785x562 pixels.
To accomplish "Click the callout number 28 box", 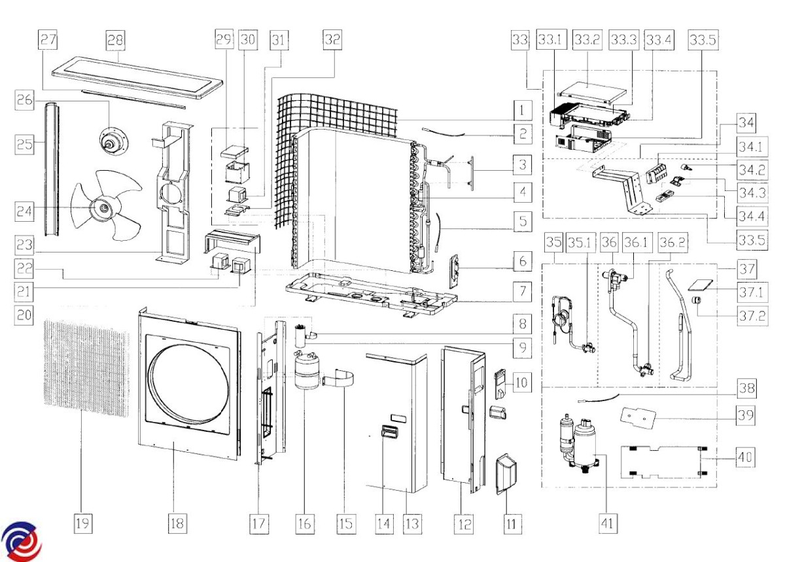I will (115, 40).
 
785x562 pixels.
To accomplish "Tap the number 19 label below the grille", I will (83, 523).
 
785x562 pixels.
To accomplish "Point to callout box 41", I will (608, 523).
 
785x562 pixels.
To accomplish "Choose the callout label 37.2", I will (746, 317).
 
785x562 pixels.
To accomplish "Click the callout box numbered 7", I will (521, 292).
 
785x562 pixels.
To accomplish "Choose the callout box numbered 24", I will (26, 211).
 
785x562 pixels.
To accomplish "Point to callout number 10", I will (521, 380).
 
